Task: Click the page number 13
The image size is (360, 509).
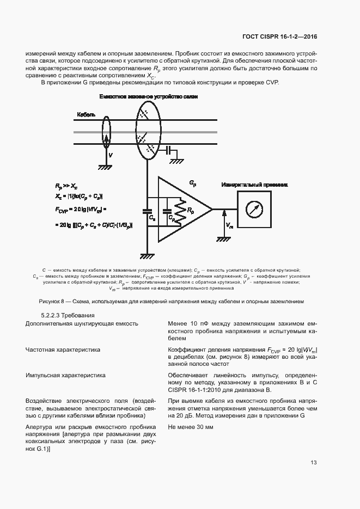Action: pos(313,463)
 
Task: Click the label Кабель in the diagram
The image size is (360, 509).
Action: pos(86,115)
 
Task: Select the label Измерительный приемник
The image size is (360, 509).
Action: pos(254,185)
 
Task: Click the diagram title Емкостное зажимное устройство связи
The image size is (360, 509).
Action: pos(148,96)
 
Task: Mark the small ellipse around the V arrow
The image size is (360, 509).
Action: pos(107,131)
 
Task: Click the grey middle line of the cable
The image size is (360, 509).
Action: pos(180,132)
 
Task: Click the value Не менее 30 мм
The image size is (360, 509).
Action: pos(191,427)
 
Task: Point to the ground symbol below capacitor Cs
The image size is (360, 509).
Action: pos(146,255)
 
